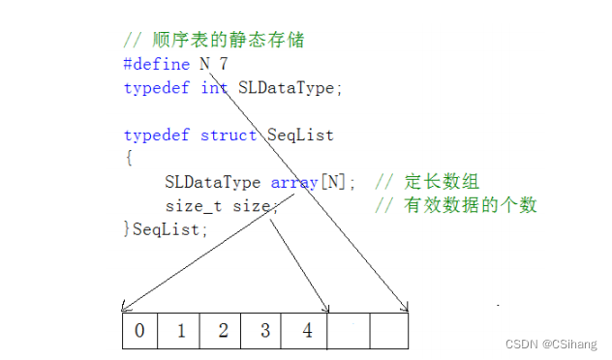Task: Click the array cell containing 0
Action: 139,330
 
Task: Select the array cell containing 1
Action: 181,330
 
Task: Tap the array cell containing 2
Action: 223,330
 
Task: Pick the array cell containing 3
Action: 264,330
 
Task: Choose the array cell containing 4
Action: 307,330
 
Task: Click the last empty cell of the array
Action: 390,330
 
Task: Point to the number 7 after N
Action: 224,65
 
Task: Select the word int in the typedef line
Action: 214,88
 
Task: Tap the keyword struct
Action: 229,135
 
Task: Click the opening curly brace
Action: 128,158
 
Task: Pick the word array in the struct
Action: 294,182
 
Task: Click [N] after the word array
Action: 337,182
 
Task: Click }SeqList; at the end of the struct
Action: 166,228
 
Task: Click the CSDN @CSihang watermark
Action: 554,344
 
